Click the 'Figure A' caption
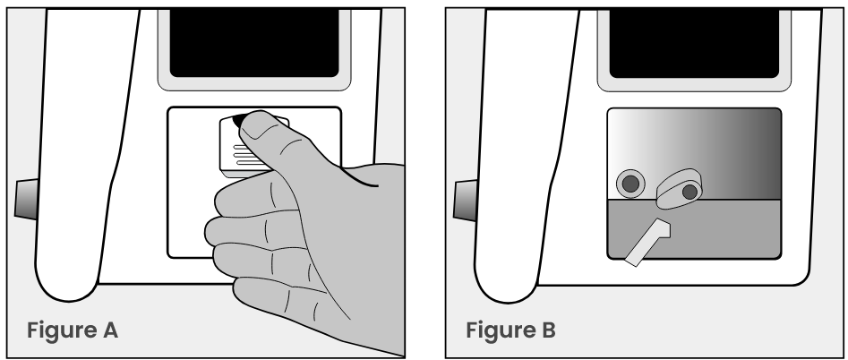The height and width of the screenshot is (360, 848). [x=73, y=330]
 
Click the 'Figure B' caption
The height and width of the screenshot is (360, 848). [x=511, y=330]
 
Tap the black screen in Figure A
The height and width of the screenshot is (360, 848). [x=254, y=42]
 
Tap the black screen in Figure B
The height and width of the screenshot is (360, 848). [x=694, y=42]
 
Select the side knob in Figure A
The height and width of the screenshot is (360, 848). [x=26, y=200]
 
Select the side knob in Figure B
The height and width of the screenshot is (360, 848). [x=465, y=200]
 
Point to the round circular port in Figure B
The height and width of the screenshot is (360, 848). [x=630, y=184]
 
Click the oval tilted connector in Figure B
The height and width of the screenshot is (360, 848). [x=680, y=189]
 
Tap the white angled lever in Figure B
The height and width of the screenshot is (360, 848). [x=648, y=242]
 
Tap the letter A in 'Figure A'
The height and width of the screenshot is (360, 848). [x=110, y=330]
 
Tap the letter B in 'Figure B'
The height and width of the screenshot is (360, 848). [x=549, y=330]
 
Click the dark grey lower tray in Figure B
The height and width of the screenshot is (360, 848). [x=724, y=229]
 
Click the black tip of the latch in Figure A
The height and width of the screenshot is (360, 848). [x=238, y=121]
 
